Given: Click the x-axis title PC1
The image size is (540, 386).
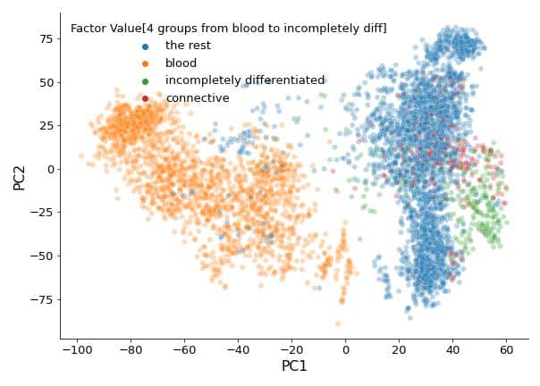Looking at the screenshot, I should [293, 366].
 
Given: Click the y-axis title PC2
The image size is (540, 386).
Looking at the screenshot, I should [19, 176].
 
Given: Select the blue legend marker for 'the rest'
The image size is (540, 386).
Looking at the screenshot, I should [145, 46].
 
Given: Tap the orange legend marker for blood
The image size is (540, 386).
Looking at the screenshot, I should [145, 63].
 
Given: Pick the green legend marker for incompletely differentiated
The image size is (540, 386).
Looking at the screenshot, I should [145, 81].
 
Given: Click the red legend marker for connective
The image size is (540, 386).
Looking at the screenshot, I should [145, 98].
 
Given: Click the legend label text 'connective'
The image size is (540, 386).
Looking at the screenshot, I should [197, 98].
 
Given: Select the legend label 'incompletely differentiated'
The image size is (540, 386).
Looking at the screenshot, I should [244, 80].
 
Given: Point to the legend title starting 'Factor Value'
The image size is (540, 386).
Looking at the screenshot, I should [228, 29].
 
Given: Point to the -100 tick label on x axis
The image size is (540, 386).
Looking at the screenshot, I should [76, 348].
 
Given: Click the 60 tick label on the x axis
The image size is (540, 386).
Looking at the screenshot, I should [507, 348].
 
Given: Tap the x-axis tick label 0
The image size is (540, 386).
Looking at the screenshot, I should [345, 348].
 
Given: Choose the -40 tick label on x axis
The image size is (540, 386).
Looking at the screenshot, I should [237, 348].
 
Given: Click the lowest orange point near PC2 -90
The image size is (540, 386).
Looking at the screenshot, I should [338, 323].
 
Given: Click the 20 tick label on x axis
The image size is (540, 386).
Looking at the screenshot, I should [400, 348].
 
